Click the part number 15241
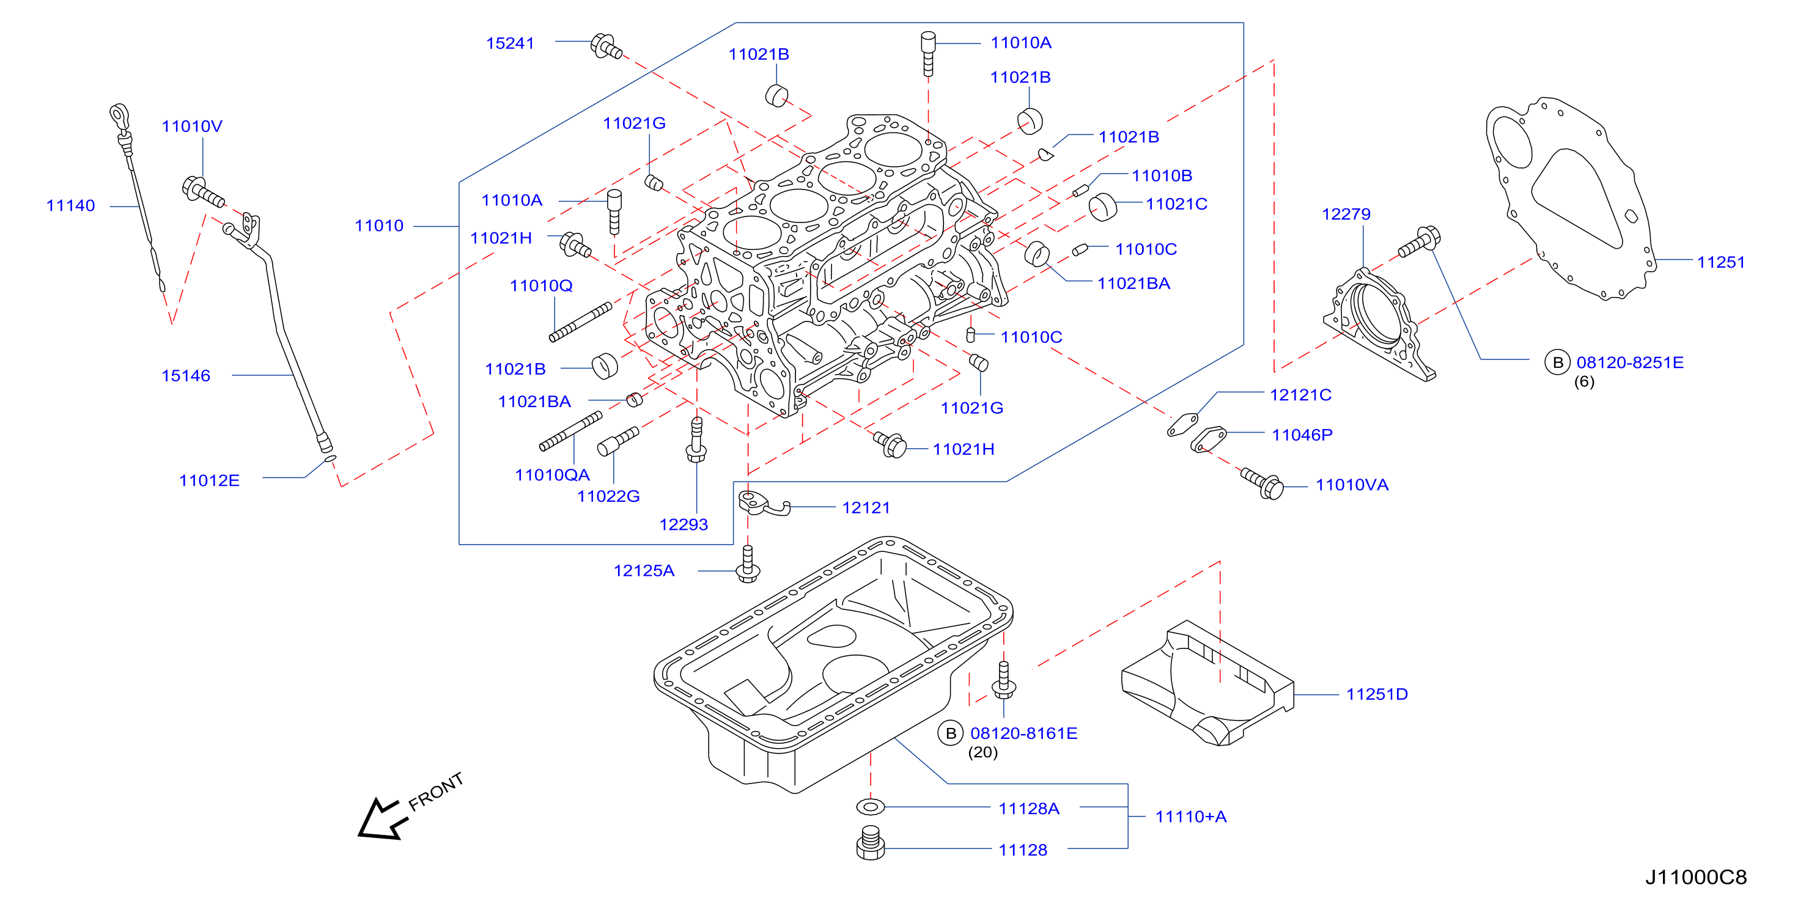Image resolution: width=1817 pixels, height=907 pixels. [510, 44]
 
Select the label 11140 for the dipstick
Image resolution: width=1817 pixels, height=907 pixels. [70, 206]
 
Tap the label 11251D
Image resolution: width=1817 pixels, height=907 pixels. [1377, 695]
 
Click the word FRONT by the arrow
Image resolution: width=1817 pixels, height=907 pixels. [436, 791]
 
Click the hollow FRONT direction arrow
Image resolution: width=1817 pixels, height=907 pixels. [381, 820]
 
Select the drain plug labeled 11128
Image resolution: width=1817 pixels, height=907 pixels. [871, 843]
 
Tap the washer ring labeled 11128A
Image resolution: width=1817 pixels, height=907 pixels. [871, 807]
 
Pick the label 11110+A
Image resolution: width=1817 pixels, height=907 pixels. [1190, 817]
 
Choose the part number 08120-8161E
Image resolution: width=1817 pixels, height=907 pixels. [1023, 733]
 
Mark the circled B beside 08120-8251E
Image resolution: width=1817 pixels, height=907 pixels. [1557, 362]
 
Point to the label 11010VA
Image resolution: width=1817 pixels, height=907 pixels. [1352, 485]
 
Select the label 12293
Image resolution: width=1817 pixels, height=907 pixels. [684, 525]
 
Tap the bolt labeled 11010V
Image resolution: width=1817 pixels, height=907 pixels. [203, 192]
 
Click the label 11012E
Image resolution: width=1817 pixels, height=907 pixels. [210, 481]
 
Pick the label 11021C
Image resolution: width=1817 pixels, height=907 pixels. [1176, 205]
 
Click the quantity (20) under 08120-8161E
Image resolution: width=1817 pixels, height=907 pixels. [982, 752]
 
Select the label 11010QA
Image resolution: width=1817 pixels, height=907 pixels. [552, 476]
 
